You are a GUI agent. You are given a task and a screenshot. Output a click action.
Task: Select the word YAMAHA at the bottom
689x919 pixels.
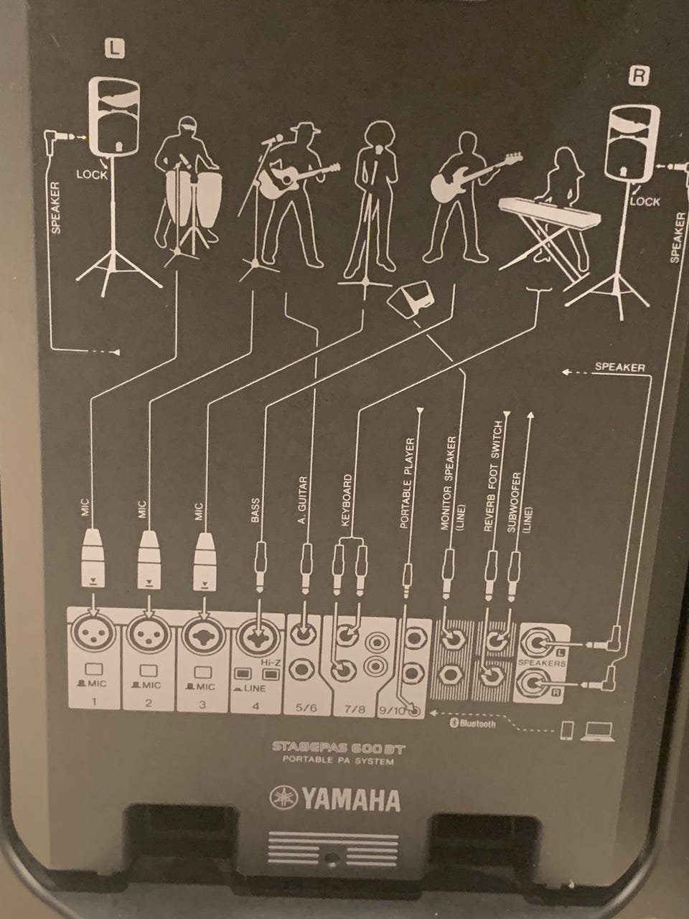[350, 800]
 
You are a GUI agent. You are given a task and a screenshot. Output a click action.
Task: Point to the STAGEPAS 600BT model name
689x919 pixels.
[339, 747]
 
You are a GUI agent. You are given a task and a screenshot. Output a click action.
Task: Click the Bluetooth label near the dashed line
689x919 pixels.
[472, 723]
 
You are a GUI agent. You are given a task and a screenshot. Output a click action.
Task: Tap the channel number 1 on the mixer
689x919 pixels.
[94, 701]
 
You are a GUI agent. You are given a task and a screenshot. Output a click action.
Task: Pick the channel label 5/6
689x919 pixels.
[306, 707]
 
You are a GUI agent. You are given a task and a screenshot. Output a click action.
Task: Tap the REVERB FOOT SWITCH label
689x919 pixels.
[492, 476]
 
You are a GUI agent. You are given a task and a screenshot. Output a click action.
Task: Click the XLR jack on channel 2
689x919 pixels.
[148, 636]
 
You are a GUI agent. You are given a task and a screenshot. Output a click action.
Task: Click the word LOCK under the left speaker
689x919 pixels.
[91, 174]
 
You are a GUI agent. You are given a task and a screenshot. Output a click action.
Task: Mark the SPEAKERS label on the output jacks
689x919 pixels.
[541, 663]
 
